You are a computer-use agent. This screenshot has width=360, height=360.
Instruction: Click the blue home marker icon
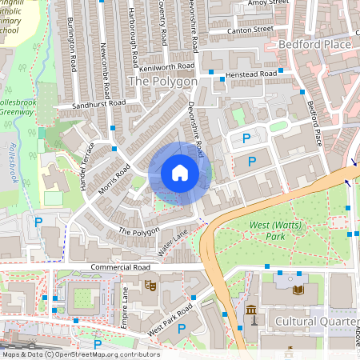(x=180, y=173)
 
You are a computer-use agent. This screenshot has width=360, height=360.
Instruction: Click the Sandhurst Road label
(x=99, y=104)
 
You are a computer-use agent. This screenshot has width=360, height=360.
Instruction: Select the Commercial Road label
(x=121, y=266)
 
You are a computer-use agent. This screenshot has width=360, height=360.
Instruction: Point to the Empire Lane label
(x=125, y=305)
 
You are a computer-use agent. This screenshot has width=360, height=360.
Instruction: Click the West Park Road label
(x=170, y=319)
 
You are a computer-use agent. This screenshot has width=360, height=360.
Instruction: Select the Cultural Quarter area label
(x=317, y=321)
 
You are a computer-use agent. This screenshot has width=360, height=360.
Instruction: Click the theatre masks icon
(x=150, y=284)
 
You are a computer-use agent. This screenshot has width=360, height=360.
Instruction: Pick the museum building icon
(x=251, y=310)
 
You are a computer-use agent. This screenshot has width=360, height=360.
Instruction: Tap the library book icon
(x=298, y=290)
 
